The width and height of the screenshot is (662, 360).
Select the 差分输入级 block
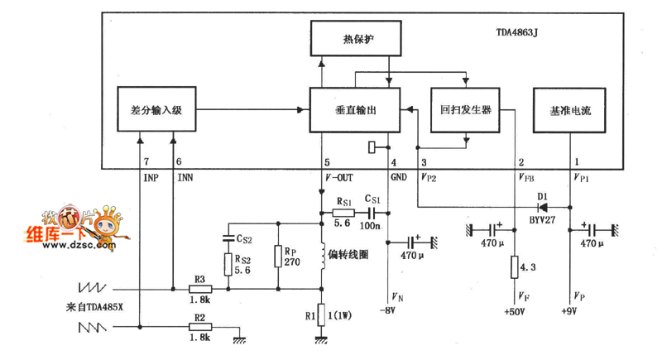coord(156,109)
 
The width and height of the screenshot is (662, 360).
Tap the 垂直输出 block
coord(355,109)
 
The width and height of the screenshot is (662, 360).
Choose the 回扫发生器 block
coord(467,109)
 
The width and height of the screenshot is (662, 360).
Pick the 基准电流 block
coord(571,109)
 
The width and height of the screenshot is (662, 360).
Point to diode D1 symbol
coord(543,207)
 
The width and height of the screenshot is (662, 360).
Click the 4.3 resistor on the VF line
coord(515,267)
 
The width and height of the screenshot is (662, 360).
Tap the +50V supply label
coord(515,313)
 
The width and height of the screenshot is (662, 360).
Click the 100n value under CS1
coord(373,225)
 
